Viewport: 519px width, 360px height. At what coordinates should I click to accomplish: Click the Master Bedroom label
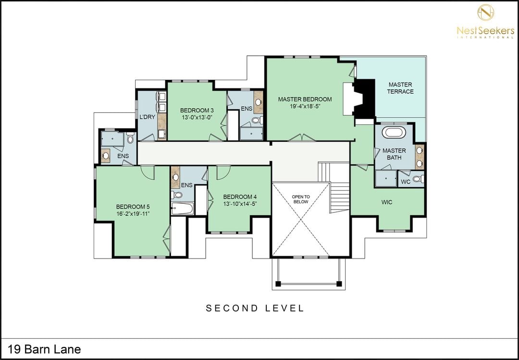pyautogui.click(x=305, y=99)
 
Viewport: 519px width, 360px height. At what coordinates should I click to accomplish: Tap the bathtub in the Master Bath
pyautogui.click(x=394, y=132)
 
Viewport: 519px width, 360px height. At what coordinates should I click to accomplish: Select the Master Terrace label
pyautogui.click(x=400, y=88)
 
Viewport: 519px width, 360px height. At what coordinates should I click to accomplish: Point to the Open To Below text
pyautogui.click(x=300, y=199)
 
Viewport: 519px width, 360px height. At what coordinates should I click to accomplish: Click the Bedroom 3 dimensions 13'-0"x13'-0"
pyautogui.click(x=197, y=117)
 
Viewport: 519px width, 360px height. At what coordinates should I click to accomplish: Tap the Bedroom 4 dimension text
pyautogui.click(x=240, y=204)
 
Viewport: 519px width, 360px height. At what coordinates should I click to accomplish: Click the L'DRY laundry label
pyautogui.click(x=148, y=117)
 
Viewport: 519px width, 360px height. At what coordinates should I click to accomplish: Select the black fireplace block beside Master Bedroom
pyautogui.click(x=365, y=99)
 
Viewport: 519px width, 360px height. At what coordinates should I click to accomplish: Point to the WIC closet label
pyautogui.click(x=386, y=202)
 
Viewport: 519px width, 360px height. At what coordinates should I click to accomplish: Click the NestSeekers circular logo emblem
pyautogui.click(x=485, y=12)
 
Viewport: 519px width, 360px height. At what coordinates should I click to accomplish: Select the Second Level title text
pyautogui.click(x=255, y=308)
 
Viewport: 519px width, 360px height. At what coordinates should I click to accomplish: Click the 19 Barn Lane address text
pyautogui.click(x=44, y=349)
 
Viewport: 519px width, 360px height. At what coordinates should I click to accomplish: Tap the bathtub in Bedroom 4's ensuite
pyautogui.click(x=183, y=209)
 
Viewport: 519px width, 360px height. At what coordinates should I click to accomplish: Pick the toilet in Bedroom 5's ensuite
pyautogui.click(x=130, y=138)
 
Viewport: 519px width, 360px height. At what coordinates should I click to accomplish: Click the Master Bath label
pyautogui.click(x=394, y=154)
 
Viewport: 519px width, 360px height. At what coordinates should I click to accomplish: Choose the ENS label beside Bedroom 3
pyautogui.click(x=246, y=109)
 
